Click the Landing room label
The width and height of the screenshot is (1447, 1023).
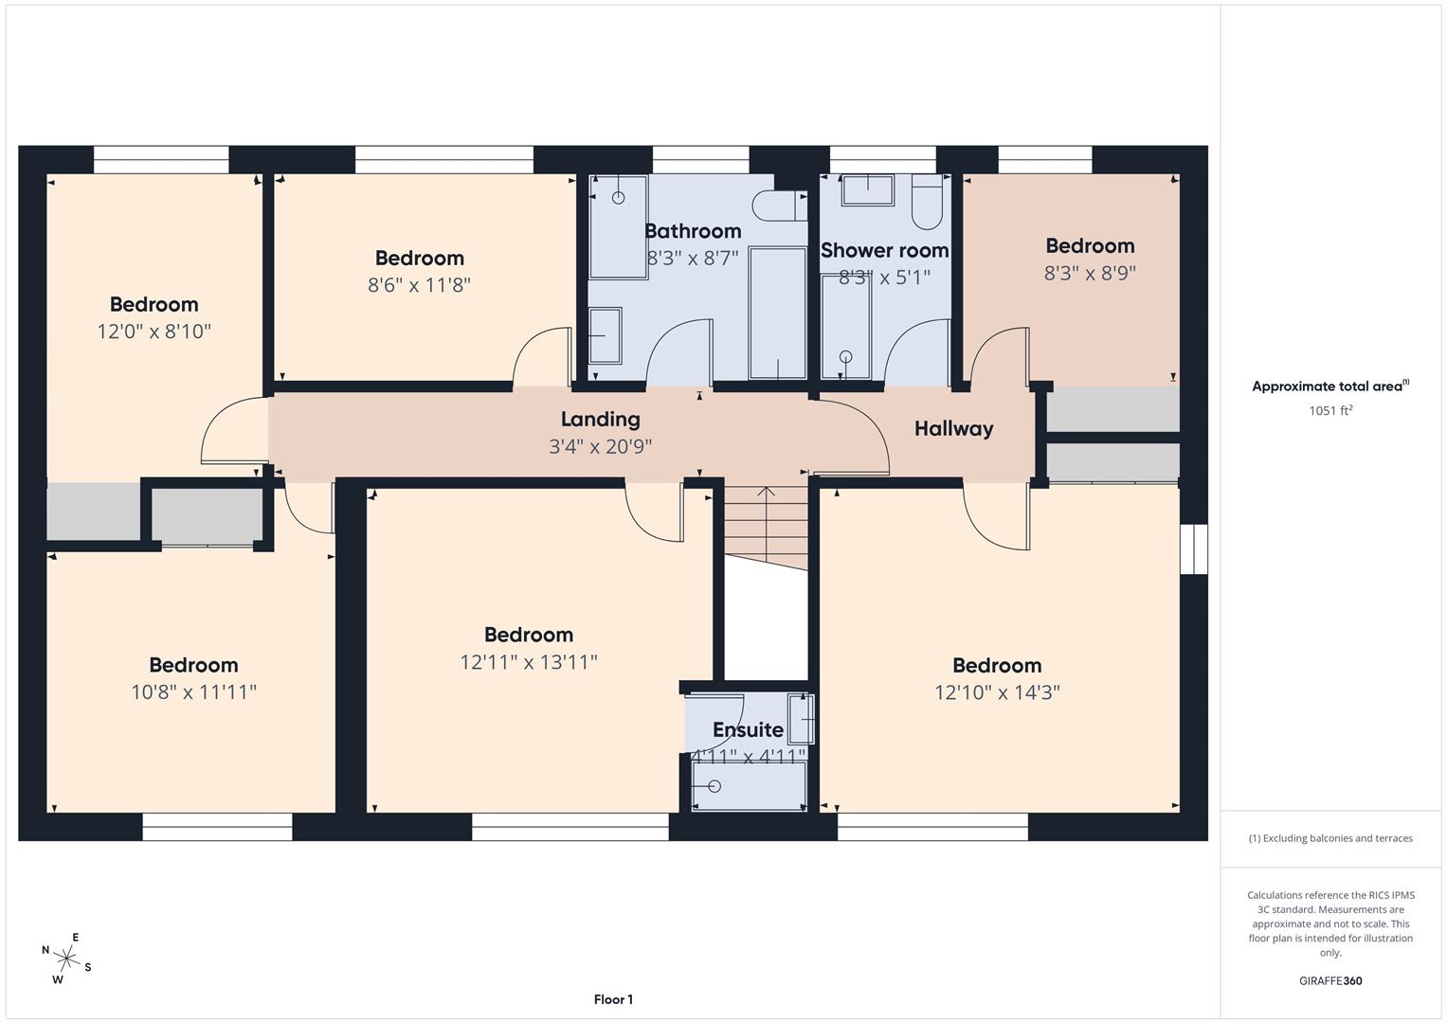[600, 419]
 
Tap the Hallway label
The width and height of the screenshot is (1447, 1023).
[953, 428]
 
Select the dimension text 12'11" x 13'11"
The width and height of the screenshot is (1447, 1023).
[528, 662]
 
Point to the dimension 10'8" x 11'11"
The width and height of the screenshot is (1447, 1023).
[193, 692]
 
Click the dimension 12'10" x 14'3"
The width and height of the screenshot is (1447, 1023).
[997, 692]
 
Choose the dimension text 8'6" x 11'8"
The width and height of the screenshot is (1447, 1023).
[419, 285]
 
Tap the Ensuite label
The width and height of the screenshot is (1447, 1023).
[748, 729]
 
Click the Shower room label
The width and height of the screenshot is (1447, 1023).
[884, 250]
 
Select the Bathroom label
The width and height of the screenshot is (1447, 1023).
[693, 231]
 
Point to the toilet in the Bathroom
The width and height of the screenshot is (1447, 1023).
[776, 206]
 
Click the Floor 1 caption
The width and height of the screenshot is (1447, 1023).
[613, 999]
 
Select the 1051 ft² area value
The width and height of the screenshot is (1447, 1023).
[1329, 411]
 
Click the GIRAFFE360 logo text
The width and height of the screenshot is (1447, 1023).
[1330, 980]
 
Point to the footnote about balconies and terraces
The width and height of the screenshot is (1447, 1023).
[1330, 838]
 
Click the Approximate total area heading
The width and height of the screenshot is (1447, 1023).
[1329, 386]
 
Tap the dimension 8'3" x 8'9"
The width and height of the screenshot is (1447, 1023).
[1090, 273]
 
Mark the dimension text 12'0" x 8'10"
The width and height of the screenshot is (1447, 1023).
[154, 332]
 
